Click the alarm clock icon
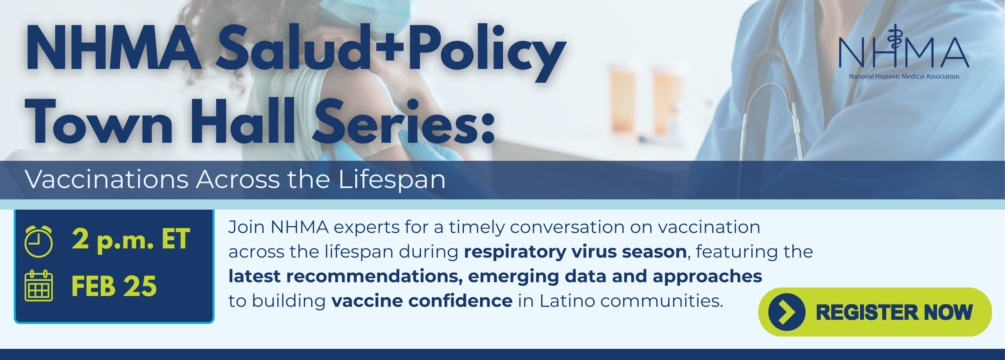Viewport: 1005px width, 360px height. (39, 242)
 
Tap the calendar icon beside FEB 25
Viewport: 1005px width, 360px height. (39, 286)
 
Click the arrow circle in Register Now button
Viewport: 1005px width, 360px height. (786, 312)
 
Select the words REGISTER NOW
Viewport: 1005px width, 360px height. (894, 312)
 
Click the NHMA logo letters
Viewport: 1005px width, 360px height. (904, 47)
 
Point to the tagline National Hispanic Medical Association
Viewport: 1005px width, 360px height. (904, 76)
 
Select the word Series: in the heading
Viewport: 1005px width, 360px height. (404, 121)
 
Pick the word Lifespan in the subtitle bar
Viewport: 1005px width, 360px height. (392, 180)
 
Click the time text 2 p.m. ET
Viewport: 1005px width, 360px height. (131, 240)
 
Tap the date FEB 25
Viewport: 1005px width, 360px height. (114, 286)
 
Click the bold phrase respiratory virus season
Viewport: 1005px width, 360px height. (575, 252)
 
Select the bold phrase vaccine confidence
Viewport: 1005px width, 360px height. (422, 301)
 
